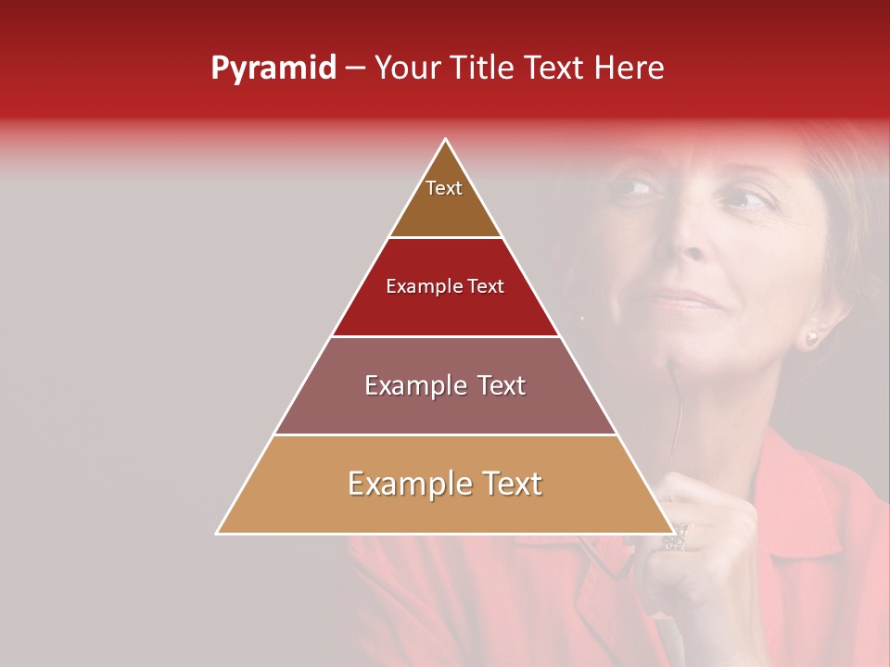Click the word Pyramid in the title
(273, 69)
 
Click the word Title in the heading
(482, 69)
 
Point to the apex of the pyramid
(446, 140)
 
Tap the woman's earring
(812, 338)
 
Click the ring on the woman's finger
(678, 535)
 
